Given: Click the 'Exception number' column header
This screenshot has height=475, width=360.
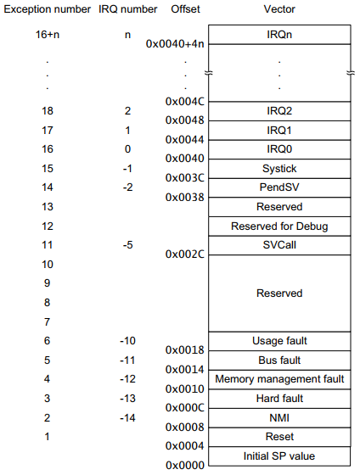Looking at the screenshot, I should pyautogui.click(x=48, y=10).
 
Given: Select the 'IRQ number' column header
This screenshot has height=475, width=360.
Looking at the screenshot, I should pyautogui.click(x=127, y=10).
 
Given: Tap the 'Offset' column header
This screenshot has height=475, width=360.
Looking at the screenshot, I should pyautogui.click(x=185, y=10).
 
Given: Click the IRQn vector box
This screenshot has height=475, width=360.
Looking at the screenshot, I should pyautogui.click(x=278, y=33).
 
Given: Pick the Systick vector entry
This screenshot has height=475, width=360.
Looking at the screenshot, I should pyautogui.click(x=278, y=169).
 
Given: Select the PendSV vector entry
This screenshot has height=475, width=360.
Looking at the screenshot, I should pyautogui.click(x=278, y=187).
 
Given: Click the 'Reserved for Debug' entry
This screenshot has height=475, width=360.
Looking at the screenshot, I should pyautogui.click(x=278, y=226).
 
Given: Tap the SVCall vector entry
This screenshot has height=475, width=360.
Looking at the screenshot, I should pyautogui.click(x=278, y=244).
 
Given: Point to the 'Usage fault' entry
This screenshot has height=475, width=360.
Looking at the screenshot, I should pyautogui.click(x=278, y=341).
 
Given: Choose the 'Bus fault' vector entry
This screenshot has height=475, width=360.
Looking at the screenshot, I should pyautogui.click(x=278, y=360).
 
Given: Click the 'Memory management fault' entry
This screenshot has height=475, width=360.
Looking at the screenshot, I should pyautogui.click(x=278, y=379).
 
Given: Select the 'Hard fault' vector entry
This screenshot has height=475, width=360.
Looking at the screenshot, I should pyautogui.click(x=278, y=399).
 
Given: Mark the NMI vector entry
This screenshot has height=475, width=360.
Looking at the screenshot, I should pyautogui.click(x=278, y=417).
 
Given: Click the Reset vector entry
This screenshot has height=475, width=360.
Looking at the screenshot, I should pyautogui.click(x=278, y=437).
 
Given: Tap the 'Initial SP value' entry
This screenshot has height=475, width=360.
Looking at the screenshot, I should pyautogui.click(x=278, y=456).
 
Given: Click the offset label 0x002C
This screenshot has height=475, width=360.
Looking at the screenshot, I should pyautogui.click(x=183, y=254).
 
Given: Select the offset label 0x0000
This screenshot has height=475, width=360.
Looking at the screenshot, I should pyautogui.click(x=183, y=466).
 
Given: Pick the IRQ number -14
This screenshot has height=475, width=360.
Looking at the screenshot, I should pyautogui.click(x=127, y=418).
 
